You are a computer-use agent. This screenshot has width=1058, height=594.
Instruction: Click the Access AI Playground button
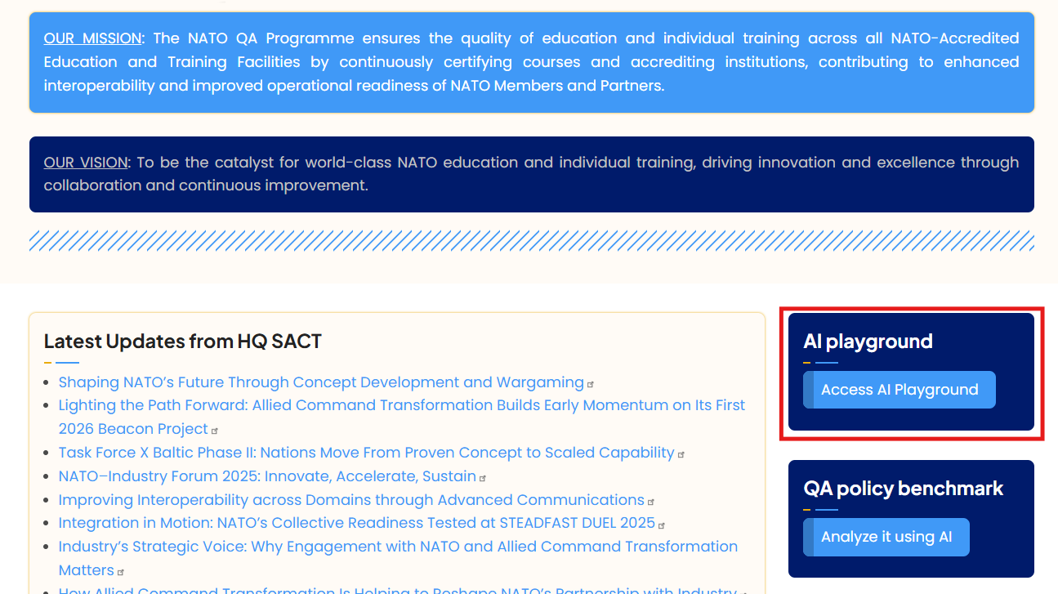pyautogui.click(x=900, y=390)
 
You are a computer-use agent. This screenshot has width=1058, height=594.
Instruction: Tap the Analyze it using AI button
pyautogui.click(x=886, y=537)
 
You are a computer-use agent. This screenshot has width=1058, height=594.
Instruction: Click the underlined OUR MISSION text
pyautogui.click(x=92, y=38)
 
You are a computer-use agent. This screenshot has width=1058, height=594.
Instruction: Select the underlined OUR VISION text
pyautogui.click(x=86, y=163)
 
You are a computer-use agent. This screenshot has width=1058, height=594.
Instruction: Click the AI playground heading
pyautogui.click(x=868, y=341)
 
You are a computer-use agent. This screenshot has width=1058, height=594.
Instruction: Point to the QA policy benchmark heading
pyautogui.click(x=903, y=489)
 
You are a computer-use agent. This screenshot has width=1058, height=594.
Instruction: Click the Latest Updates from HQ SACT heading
pyautogui.click(x=182, y=341)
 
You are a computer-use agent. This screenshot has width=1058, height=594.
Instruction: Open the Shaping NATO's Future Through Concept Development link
pyautogui.click(x=321, y=382)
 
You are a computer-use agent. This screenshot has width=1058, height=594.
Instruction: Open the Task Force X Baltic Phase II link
pyautogui.click(x=367, y=453)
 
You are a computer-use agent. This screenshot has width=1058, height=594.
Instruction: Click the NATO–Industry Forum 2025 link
pyautogui.click(x=267, y=476)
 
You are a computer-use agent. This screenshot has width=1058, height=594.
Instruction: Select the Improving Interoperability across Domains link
pyautogui.click(x=351, y=499)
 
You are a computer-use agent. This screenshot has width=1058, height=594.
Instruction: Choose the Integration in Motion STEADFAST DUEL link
pyautogui.click(x=356, y=523)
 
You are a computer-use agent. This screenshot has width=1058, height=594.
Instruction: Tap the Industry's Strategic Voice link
pyautogui.click(x=398, y=558)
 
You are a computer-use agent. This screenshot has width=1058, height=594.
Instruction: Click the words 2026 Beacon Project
pyautogui.click(x=133, y=429)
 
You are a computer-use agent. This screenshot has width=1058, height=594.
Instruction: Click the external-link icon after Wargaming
pyautogui.click(x=591, y=384)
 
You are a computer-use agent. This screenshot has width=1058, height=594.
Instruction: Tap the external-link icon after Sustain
pyautogui.click(x=482, y=478)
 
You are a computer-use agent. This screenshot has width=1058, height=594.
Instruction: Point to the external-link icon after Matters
pyautogui.click(x=120, y=572)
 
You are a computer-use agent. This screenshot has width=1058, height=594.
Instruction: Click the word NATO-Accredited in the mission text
pyautogui.click(x=954, y=38)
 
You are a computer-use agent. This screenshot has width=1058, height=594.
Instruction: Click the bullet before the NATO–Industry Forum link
pyautogui.click(x=47, y=476)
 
